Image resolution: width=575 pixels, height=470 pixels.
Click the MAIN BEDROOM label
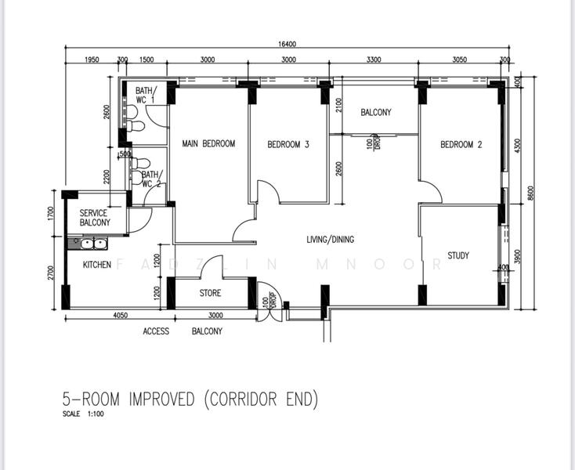tap(208, 143)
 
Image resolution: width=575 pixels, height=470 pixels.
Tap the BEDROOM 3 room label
tap(288, 144)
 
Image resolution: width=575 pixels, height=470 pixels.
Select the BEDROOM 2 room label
tap(461, 144)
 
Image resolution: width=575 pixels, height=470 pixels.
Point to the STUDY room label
tap(458, 255)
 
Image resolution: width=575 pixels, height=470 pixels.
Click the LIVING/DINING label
tap(331, 240)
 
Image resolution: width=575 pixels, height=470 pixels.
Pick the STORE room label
tap(210, 293)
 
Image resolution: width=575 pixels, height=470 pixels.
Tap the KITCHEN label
tap(97, 264)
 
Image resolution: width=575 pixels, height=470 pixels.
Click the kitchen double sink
tap(88, 244)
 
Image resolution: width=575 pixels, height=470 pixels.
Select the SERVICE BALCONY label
tap(95, 218)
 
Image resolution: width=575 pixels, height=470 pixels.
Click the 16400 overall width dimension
tap(287, 44)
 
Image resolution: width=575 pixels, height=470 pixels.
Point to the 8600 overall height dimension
tap(531, 193)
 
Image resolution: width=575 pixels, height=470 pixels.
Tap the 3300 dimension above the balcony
tap(374, 60)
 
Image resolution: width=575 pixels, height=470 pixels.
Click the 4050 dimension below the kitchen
tap(121, 315)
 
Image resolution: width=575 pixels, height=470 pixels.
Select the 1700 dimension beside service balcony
tap(51, 213)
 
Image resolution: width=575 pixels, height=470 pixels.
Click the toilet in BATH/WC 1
tap(135, 126)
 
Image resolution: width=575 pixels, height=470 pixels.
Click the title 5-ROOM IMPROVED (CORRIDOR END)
tap(190, 399)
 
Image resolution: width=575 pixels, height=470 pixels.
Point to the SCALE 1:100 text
tap(83, 414)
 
